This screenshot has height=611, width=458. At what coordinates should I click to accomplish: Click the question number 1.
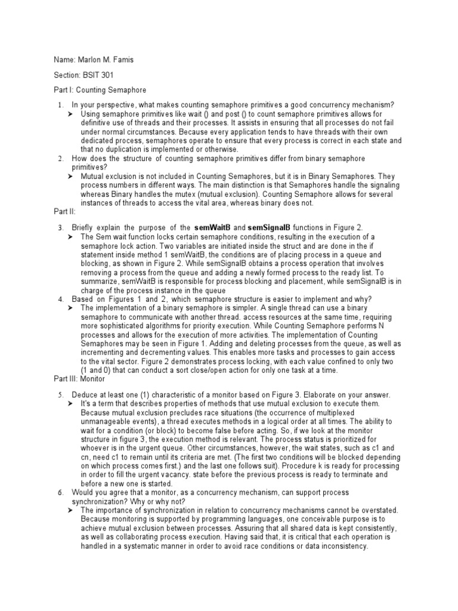tap(60, 106)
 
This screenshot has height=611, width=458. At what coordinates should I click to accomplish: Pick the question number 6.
tap(60, 492)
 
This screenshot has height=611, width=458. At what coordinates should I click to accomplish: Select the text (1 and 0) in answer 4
tap(100, 371)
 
